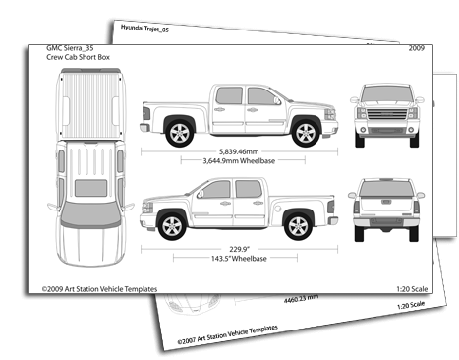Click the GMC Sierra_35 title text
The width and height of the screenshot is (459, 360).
(70, 48)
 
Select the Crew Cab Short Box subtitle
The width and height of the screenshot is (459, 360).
(78, 57)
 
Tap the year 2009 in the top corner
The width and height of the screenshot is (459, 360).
(417, 48)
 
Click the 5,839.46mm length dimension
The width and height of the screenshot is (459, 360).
(239, 151)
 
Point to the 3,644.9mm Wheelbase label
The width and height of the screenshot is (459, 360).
(239, 160)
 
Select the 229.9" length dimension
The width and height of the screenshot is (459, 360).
(239, 249)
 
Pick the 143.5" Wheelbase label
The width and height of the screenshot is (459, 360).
(239, 259)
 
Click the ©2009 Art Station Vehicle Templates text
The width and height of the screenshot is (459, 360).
(99, 289)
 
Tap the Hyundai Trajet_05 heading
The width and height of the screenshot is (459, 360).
(144, 29)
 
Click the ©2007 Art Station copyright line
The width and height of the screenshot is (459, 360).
(228, 334)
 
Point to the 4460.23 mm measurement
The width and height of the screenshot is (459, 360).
(301, 298)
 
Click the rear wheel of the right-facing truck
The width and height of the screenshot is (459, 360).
(180, 133)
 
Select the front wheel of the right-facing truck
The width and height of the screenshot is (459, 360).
(306, 133)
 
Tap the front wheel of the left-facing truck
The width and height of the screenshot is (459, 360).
(172, 226)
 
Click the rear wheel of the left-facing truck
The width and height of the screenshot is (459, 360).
(298, 226)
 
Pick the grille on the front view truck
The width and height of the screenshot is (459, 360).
(387, 114)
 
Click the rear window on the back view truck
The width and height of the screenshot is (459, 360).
(386, 189)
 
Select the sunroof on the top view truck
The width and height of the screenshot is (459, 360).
(90, 188)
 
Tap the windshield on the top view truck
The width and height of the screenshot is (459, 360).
(90, 214)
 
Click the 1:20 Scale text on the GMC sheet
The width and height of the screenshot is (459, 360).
(412, 289)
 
